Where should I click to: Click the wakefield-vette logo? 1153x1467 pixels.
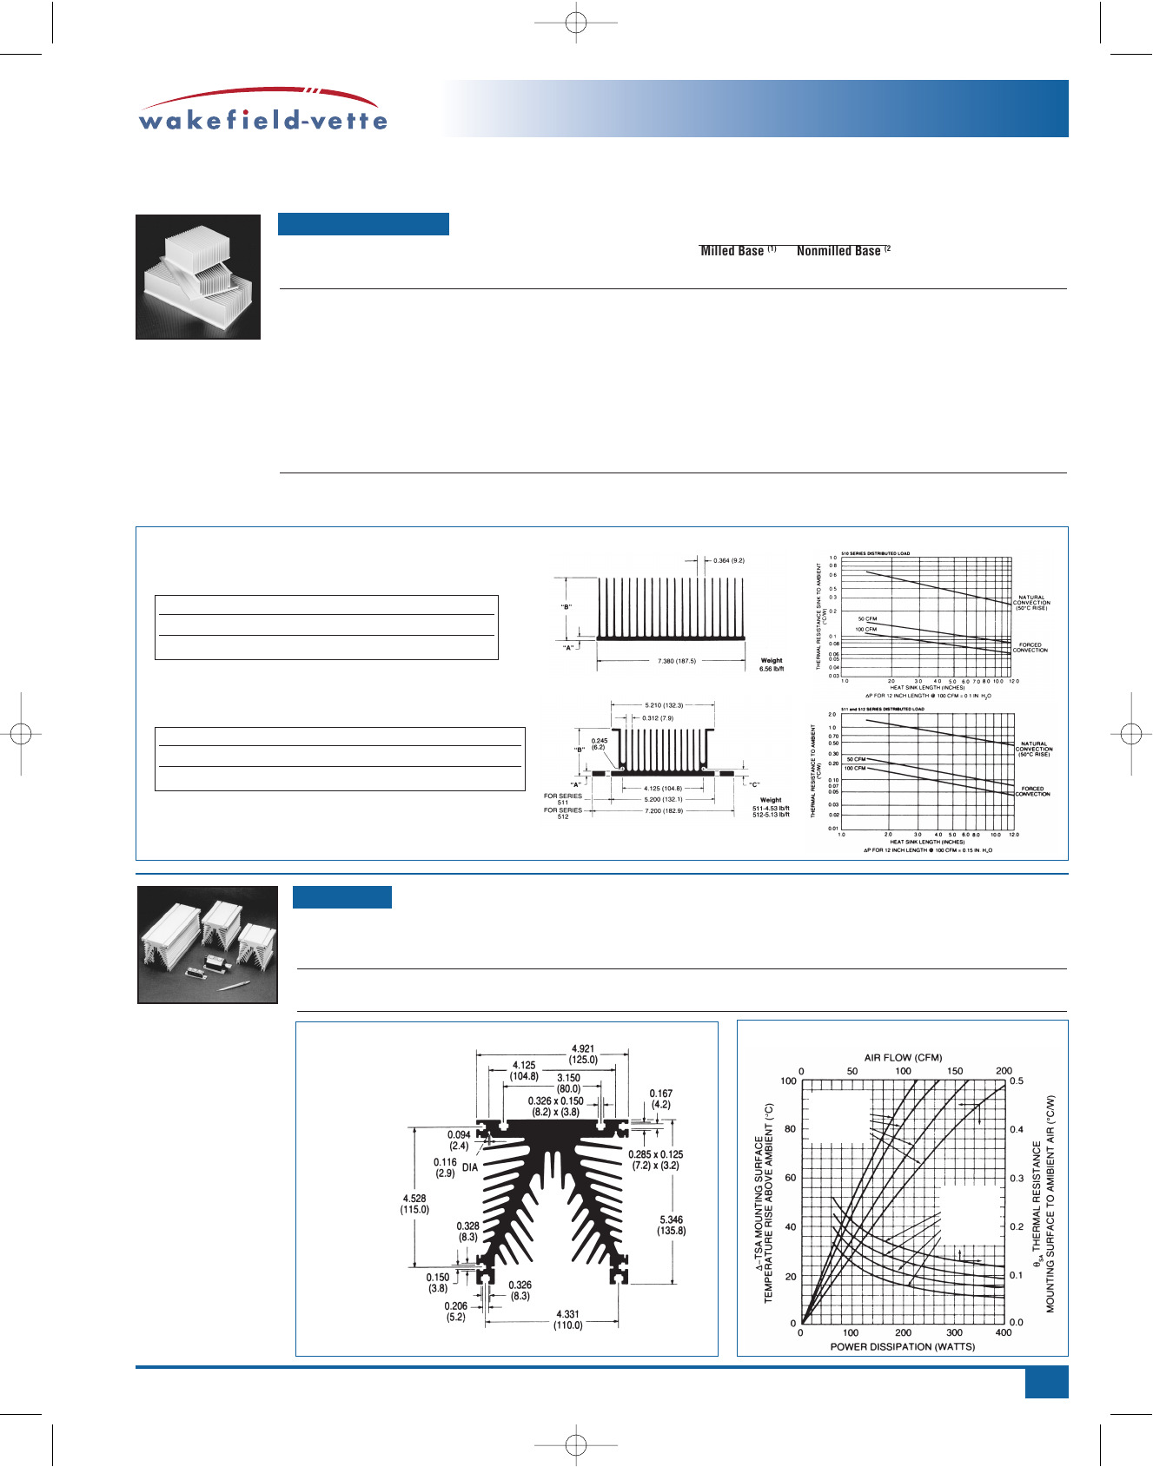click(x=262, y=110)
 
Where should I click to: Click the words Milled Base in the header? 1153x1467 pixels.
click(x=732, y=251)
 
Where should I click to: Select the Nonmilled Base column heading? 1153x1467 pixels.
click(x=838, y=251)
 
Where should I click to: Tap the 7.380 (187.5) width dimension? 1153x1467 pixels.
click(x=676, y=661)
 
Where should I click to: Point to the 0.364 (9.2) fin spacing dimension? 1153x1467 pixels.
click(x=728, y=561)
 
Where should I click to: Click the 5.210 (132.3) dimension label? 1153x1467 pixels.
click(x=664, y=705)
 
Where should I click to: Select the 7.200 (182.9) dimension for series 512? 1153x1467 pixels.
click(x=664, y=810)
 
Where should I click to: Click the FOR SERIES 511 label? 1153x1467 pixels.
click(x=563, y=799)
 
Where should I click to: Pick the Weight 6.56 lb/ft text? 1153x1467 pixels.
click(x=771, y=664)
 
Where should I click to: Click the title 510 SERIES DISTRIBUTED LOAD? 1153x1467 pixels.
click(x=875, y=553)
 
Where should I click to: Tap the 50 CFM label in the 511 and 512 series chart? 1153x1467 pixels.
click(x=856, y=759)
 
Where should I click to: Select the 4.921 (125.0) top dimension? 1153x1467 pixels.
click(x=583, y=1054)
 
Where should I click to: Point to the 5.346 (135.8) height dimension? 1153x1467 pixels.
click(x=672, y=1225)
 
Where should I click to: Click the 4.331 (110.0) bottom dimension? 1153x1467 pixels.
click(x=567, y=1319)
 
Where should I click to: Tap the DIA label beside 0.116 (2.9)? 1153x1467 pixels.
click(x=470, y=1167)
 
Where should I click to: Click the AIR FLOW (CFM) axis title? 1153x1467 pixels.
click(x=903, y=1058)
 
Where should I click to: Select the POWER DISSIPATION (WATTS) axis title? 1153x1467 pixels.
click(x=902, y=1346)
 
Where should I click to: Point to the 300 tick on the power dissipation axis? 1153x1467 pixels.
click(x=954, y=1332)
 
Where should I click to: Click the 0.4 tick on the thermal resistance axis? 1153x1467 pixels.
click(x=1017, y=1129)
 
